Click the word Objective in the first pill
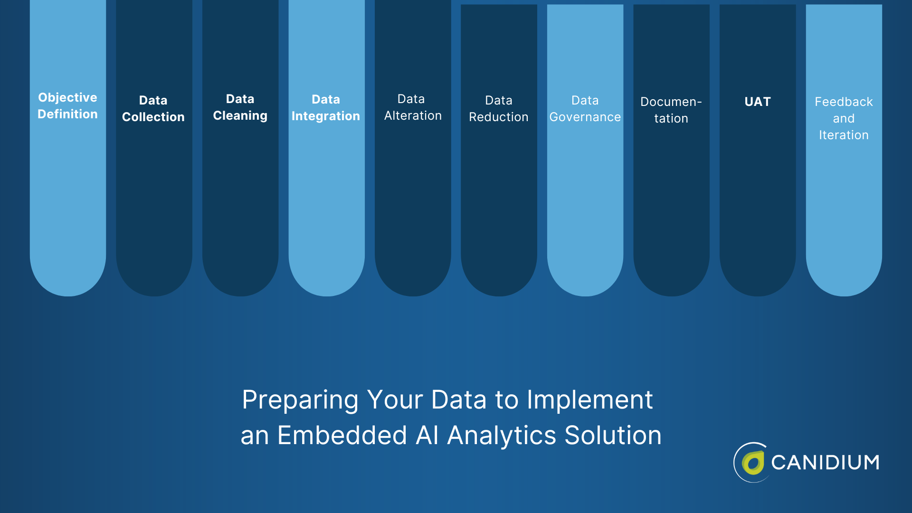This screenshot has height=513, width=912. click(67, 97)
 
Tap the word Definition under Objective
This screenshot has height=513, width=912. click(67, 114)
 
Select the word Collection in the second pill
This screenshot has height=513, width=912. click(153, 117)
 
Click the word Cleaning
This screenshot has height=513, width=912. click(240, 115)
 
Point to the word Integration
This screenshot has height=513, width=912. click(326, 116)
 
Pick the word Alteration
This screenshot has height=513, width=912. click(413, 115)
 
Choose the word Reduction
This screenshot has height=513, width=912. click(498, 117)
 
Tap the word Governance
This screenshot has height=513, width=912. click(585, 117)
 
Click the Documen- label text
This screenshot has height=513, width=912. click(671, 102)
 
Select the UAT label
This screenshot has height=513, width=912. click(757, 102)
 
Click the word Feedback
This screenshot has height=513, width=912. click(844, 102)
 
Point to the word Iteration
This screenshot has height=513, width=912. click(844, 135)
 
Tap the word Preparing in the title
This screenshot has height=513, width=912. click(300, 400)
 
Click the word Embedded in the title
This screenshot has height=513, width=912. click(342, 435)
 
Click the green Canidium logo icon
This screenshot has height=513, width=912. click(752, 463)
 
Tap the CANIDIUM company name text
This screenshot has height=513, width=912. click(825, 463)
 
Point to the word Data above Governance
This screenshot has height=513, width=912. click(585, 100)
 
